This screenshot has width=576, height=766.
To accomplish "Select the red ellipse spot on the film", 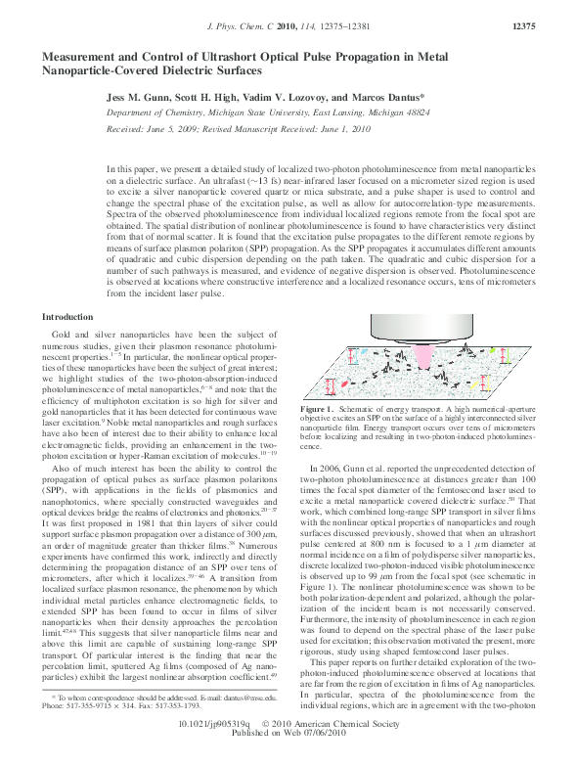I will (x=341, y=384).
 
